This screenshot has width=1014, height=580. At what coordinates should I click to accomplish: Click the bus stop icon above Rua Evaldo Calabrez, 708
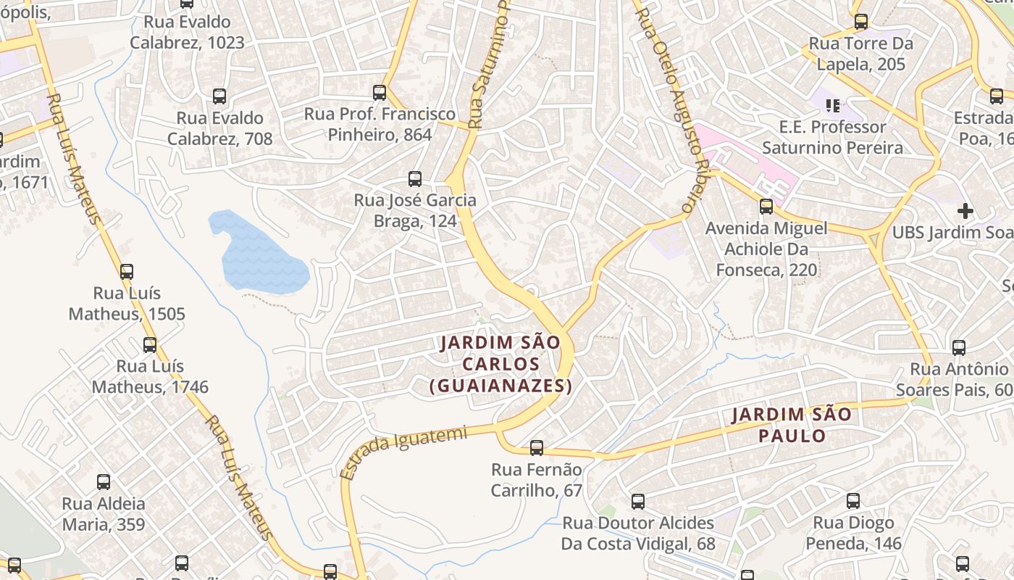219,96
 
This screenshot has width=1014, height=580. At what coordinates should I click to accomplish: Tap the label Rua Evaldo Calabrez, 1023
187,33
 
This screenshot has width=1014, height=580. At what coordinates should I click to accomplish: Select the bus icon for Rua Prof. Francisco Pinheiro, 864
380,93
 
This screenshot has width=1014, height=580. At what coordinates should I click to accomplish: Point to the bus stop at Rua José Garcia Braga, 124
415,179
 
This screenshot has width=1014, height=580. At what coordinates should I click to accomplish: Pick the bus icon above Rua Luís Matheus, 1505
127,272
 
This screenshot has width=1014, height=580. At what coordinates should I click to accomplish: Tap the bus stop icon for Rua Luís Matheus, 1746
150,345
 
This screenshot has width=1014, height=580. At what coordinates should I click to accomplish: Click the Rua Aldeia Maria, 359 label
104,513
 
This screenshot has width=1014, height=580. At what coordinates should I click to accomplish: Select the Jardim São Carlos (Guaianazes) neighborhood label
500,364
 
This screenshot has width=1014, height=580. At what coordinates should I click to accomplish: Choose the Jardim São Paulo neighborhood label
792,425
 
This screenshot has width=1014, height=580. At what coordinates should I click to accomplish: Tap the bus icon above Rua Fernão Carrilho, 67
537,448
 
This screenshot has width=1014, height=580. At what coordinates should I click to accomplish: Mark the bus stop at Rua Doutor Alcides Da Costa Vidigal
638,502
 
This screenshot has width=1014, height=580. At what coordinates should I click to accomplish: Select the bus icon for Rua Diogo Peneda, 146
853,501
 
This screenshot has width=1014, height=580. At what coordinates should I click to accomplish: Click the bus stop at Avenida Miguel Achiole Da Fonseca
766,207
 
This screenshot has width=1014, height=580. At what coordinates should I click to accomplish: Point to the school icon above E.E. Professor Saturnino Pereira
833,106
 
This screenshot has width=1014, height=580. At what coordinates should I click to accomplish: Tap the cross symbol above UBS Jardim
965,211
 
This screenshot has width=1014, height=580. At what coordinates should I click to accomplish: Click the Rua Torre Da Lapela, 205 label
860,54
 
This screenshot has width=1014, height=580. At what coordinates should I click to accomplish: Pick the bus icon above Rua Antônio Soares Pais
959,348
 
